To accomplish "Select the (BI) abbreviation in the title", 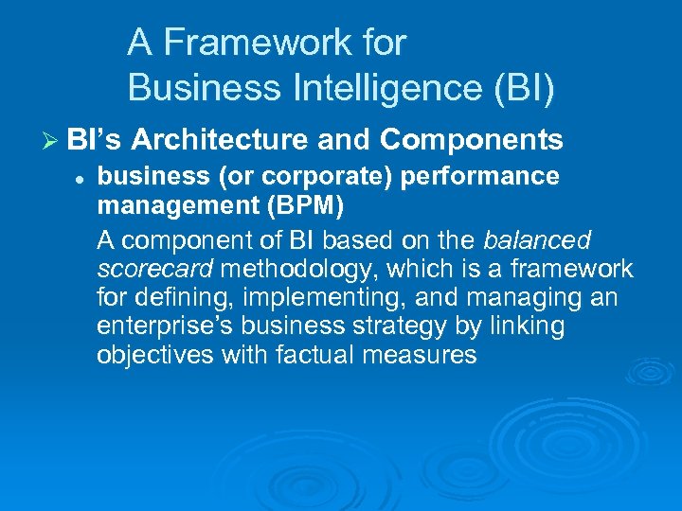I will click(520, 87).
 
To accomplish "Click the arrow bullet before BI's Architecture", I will click(51, 140).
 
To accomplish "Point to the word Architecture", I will click(220, 140).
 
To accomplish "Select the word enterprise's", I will click(174, 326).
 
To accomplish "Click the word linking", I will click(529, 326).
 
